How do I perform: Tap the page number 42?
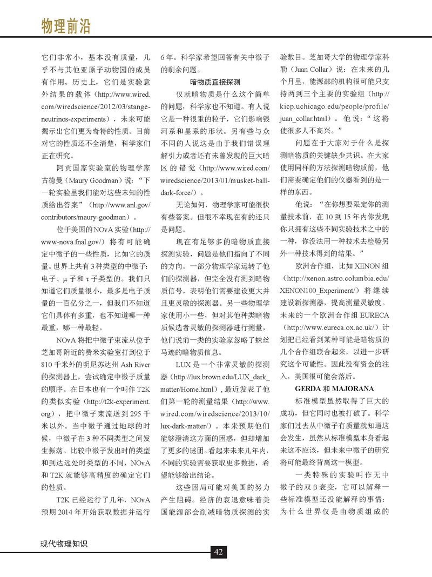coord(218,552)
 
